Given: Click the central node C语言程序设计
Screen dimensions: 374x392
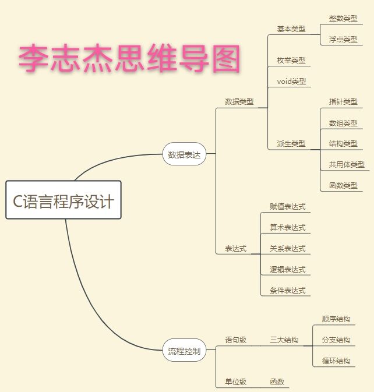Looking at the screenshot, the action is [x=63, y=200].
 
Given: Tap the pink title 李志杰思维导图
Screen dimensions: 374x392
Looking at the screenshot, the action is [x=129, y=59].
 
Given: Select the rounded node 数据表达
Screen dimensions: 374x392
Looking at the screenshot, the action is [x=184, y=154].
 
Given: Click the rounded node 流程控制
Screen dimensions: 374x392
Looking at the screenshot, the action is [x=184, y=351].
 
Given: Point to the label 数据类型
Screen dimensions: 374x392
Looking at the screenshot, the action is [x=239, y=101].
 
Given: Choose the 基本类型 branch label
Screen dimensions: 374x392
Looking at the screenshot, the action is [x=291, y=29].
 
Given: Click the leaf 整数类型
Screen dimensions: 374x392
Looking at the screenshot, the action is [x=343, y=18].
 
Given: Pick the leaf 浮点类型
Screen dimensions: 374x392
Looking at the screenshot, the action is [x=343, y=39].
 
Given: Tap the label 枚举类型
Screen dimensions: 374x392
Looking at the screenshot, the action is [x=291, y=60].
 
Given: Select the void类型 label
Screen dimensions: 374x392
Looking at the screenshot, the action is [x=291, y=81].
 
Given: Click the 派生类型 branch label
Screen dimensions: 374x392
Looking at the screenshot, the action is [x=291, y=143].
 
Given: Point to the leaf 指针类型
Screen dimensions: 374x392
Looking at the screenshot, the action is [x=343, y=101].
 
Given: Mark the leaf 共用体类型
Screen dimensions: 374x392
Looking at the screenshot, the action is [x=347, y=164].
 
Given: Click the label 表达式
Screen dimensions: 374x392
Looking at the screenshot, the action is [x=236, y=248].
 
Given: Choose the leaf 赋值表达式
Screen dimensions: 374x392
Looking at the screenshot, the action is [x=287, y=206].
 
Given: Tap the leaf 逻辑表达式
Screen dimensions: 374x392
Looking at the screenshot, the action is [x=287, y=269].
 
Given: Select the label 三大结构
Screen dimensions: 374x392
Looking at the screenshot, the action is [x=284, y=340].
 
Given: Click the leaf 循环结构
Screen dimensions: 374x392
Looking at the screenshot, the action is [x=336, y=361].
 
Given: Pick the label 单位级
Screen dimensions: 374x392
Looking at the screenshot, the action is [x=236, y=382].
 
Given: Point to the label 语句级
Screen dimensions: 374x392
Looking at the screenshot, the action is [x=236, y=340].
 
